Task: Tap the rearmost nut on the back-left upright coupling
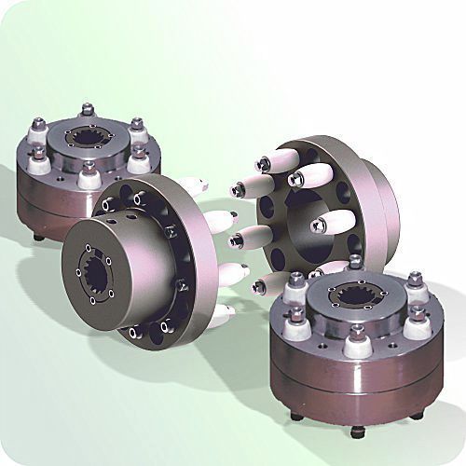tap(88, 109)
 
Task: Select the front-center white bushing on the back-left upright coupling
tap(89, 177)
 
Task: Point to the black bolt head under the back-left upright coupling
tap(37, 237)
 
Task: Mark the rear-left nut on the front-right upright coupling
tap(296, 279)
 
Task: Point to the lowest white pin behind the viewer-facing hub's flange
tap(220, 315)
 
